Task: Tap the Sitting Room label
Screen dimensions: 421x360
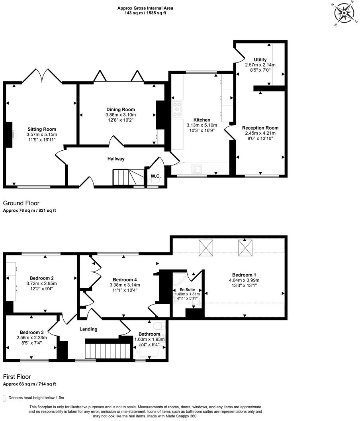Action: pos(41,129)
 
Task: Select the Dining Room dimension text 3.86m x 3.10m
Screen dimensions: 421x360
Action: pos(120,115)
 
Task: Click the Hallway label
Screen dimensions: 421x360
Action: pos(116,159)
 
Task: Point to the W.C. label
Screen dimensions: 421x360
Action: pos(155,176)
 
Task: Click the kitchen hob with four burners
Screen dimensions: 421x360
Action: pos(177,109)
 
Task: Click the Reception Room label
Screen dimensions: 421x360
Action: pos(260,128)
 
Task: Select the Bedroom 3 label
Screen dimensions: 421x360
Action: pos(31,332)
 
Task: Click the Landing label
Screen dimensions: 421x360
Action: pos(88,329)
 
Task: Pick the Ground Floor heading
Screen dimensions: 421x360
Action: pos(21,203)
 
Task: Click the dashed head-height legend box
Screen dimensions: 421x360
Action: pos(5,398)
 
